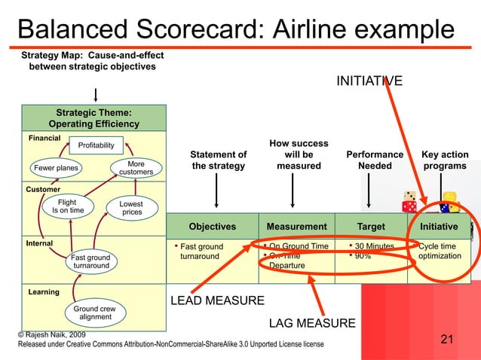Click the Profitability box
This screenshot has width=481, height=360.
click(x=97, y=145)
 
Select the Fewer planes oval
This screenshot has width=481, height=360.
click(x=57, y=167)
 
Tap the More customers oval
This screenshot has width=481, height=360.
click(x=136, y=168)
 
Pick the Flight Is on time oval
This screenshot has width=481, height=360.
click(x=68, y=206)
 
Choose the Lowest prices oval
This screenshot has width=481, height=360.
click(x=132, y=208)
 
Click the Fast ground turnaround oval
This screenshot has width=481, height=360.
click(x=91, y=262)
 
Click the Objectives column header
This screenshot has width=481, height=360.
click(x=212, y=226)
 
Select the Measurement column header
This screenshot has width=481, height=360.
click(x=296, y=226)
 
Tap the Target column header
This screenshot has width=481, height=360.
click(x=370, y=226)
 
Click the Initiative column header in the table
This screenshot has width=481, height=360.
click(x=439, y=226)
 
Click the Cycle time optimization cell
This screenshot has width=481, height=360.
click(x=440, y=251)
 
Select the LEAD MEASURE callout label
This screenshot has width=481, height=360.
click(x=217, y=301)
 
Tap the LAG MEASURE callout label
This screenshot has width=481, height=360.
click(x=312, y=324)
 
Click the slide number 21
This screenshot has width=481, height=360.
click(x=447, y=340)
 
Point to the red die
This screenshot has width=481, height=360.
click(x=409, y=205)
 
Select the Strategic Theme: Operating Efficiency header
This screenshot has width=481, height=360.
click(x=93, y=118)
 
